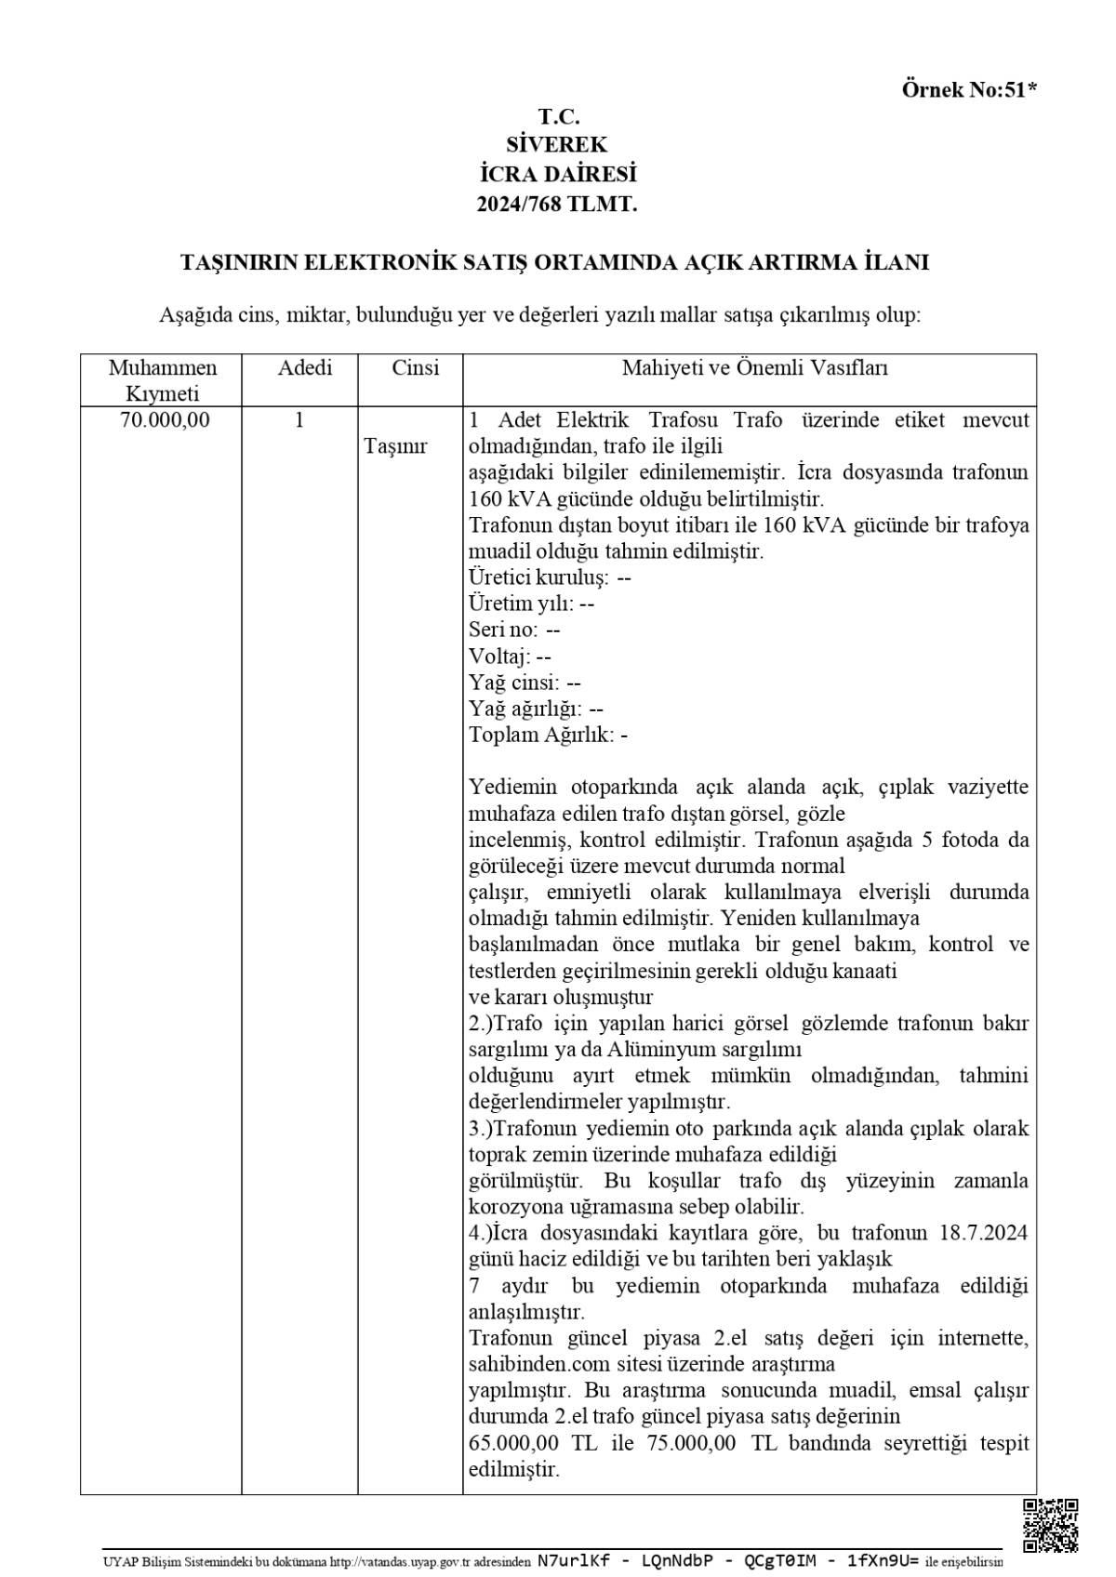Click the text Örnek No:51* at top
point(968,90)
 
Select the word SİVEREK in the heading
point(557,145)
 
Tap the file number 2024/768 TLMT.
point(557,205)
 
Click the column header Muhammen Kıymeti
point(162,380)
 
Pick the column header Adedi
point(304,368)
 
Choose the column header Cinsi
point(415,368)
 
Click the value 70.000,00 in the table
point(165,420)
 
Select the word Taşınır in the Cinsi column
point(395,446)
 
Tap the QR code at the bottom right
point(1050,1526)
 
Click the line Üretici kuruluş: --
point(550,577)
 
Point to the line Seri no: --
point(514,629)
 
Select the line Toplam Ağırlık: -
point(548,735)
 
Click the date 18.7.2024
point(984,1233)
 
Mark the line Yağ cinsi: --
point(525,682)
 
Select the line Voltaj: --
point(510,656)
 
